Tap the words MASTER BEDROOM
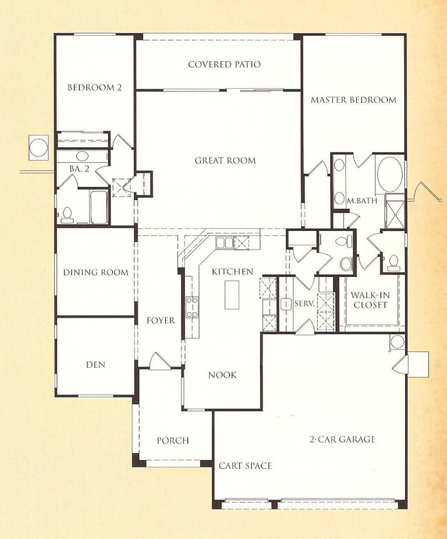point(353,100)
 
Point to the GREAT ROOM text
point(225,161)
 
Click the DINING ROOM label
point(96,272)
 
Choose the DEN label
point(96,365)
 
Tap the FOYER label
point(160,321)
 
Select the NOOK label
point(222,375)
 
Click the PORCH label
point(173,441)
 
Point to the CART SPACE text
point(245,466)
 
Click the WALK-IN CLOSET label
point(371,300)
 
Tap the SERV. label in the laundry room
point(304,303)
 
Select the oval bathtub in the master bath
point(390,175)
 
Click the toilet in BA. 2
point(67,214)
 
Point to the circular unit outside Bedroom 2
point(37,146)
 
